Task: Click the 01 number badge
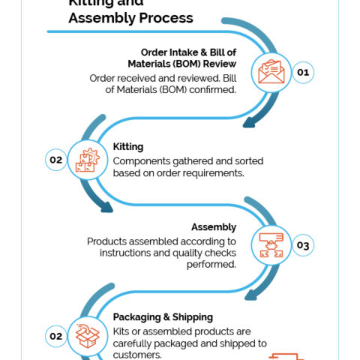tap(303, 73)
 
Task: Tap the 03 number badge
tap(303, 245)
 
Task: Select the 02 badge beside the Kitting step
tap(56, 160)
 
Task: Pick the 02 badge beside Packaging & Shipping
tap(56, 336)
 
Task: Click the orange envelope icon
tap(271, 71)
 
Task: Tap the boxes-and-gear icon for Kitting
tap(88, 160)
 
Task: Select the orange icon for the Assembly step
tap(271, 245)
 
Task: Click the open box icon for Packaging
tap(88, 336)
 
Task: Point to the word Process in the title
tap(166, 18)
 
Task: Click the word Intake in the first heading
tap(184, 52)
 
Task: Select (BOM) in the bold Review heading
tap(187, 64)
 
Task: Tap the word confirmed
tap(212, 89)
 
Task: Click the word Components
tap(142, 162)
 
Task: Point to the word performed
tap(211, 264)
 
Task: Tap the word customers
tap(137, 355)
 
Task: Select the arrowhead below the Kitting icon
tap(106, 207)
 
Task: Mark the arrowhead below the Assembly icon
tap(250, 295)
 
